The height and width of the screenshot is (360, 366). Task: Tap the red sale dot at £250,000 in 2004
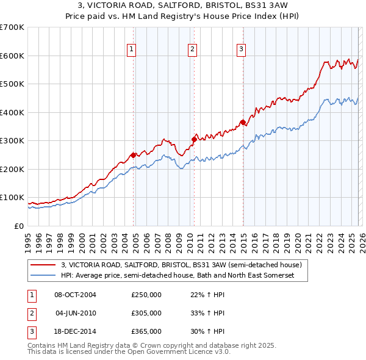point(133,155)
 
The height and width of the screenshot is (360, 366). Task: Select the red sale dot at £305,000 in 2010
point(194,139)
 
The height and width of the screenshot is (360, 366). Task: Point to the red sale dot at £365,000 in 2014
point(243,122)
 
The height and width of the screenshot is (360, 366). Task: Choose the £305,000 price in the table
point(146,313)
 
